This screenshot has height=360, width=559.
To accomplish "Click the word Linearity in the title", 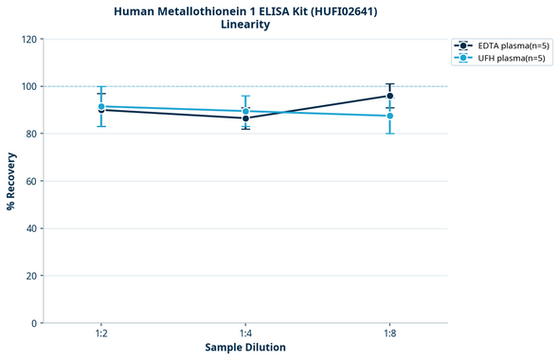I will (244, 25).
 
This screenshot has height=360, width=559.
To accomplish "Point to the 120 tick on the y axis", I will (28, 39).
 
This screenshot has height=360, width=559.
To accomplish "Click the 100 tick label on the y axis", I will (28, 86).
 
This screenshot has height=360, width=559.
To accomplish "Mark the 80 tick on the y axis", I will (31, 134).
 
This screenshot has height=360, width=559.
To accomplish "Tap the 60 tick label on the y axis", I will (31, 181).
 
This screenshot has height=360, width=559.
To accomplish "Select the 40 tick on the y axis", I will (31, 228).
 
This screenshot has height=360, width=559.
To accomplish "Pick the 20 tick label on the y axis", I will (31, 276).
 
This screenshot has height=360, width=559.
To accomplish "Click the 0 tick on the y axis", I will (34, 323).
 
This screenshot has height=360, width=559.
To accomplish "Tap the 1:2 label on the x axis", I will (101, 334).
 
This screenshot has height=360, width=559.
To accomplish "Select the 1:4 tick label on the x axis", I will (245, 334).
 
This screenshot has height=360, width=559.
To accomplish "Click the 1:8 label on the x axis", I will (389, 334).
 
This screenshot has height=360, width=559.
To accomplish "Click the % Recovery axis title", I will (11, 181).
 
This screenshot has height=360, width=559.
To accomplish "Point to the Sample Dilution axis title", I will (245, 348).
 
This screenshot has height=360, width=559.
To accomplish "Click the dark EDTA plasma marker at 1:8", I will (389, 96).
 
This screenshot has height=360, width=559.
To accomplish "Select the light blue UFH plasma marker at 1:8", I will (389, 116).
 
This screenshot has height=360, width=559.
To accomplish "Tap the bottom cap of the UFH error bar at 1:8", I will (389, 134).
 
